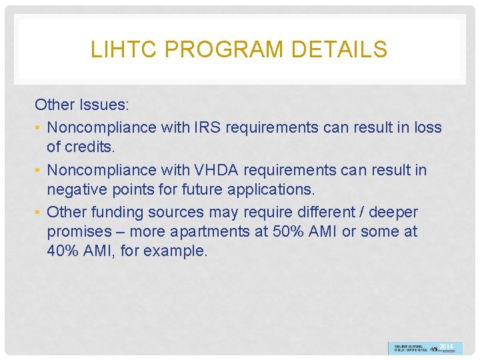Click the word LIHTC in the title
115,49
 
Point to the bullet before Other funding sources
39,213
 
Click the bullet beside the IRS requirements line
39,127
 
